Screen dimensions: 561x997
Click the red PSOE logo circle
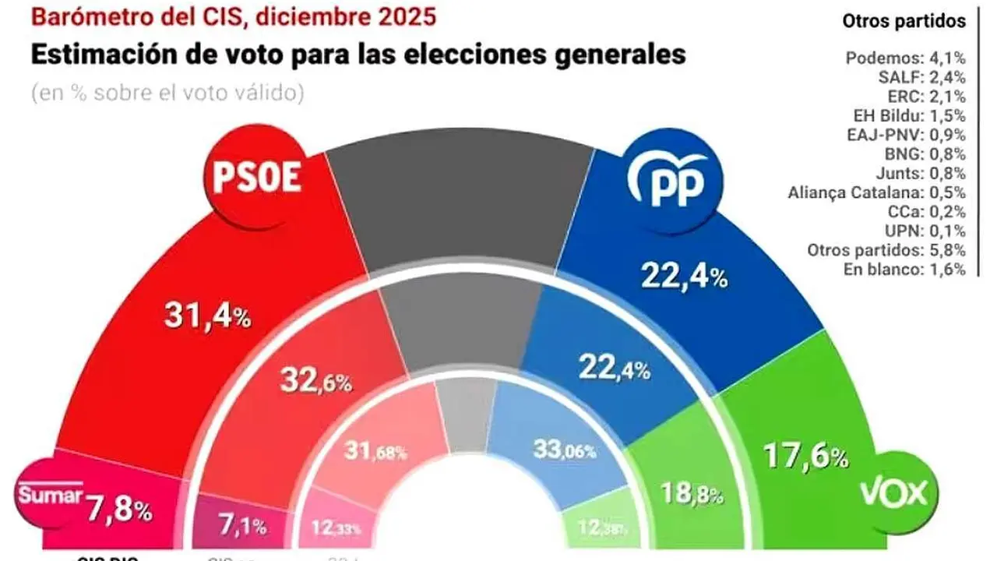click(x=255, y=179)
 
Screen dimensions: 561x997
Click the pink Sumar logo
click(x=48, y=496)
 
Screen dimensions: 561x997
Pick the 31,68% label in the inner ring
click(x=375, y=450)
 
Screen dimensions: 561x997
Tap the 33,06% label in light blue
click(x=565, y=448)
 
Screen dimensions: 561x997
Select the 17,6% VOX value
click(x=807, y=455)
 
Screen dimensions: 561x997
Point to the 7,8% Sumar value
click(x=119, y=511)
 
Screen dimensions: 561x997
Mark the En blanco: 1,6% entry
click(x=906, y=270)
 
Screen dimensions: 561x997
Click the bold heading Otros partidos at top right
click(x=904, y=21)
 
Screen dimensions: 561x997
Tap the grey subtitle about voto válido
click(x=167, y=93)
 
